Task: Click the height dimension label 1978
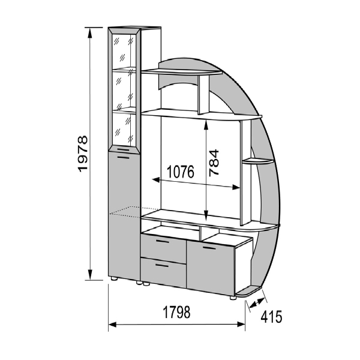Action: [83, 154]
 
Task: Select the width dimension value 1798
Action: [176, 312]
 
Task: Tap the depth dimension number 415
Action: [271, 317]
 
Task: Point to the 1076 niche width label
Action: [181, 172]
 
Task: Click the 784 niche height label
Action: [214, 163]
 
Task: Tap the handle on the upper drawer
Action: [163, 241]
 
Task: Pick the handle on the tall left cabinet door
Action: [123, 157]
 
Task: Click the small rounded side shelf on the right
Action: [257, 161]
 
